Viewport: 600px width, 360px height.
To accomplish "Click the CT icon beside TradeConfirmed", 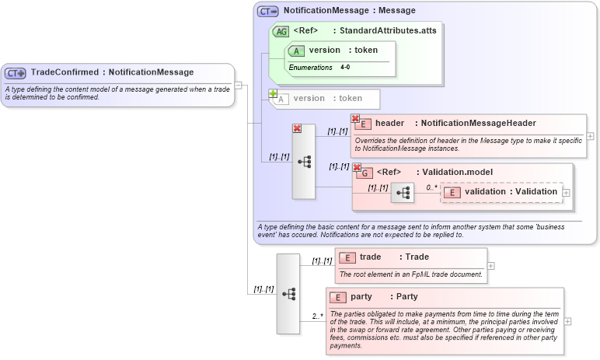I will pos(16,73).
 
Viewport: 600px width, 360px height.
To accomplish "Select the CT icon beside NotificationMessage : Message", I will pos(268,12).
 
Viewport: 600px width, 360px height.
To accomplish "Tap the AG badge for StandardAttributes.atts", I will pos(281,32).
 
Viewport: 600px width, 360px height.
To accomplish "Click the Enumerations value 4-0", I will pos(344,68).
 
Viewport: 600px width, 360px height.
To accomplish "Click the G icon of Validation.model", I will pos(364,173).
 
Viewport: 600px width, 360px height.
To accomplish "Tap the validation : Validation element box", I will pos(501,192).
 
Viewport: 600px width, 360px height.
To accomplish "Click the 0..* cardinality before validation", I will pos(431,187).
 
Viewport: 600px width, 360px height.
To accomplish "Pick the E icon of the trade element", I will pos(347,257).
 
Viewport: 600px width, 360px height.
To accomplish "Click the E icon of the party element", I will pos(337,297).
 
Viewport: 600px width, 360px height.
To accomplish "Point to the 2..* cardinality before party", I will pos(317,316).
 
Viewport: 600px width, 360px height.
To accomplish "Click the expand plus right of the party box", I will pos(568,320).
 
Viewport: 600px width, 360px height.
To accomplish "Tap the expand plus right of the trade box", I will pos(490,265).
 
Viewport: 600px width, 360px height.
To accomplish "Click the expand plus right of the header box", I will pos(590,135).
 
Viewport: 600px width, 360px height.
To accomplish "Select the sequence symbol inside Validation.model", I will pos(403,193).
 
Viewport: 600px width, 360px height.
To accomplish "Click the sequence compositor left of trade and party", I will pos(288,294).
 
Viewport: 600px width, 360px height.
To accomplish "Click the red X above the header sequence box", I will pos(297,129).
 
